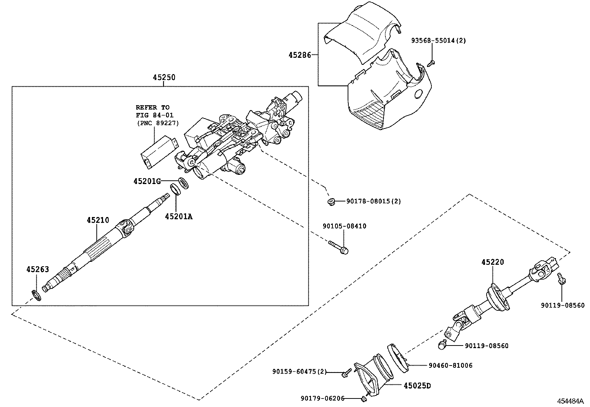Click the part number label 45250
coord(164,77)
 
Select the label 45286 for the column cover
coord(299,55)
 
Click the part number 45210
coord(98,220)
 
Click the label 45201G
coord(147,181)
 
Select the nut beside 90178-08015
coord(331,201)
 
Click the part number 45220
coord(493,262)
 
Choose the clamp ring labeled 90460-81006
coord(397,356)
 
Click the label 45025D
coord(417,386)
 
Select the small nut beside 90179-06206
coord(363,398)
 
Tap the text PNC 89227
coord(157,123)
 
